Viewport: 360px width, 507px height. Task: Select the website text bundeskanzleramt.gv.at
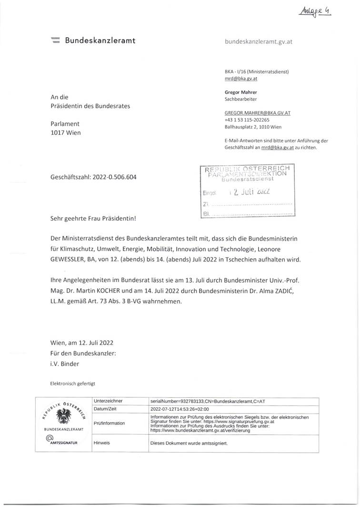(258, 41)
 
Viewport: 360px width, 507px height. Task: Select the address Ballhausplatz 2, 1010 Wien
(256, 128)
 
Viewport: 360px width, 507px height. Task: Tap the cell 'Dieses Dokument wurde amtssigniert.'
(189, 443)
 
